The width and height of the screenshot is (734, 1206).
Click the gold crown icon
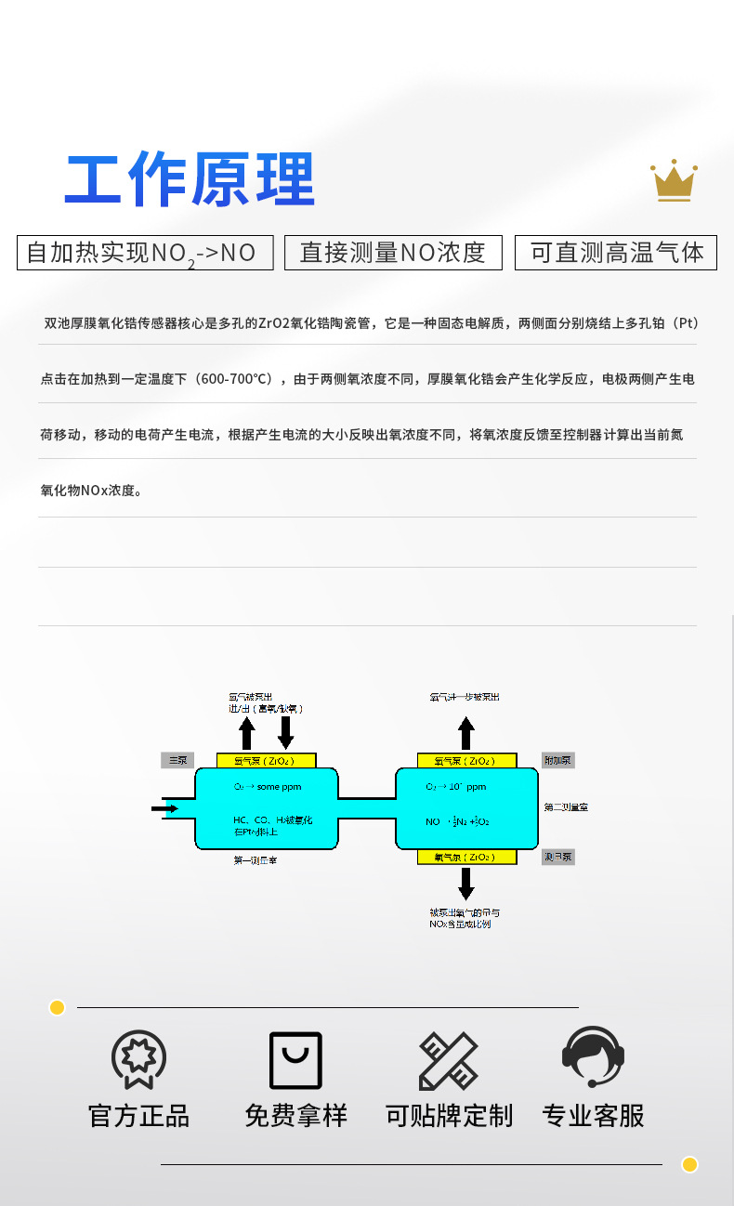[674, 180]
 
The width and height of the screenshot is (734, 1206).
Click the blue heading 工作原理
[190, 179]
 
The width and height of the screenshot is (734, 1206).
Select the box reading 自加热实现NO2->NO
[145, 253]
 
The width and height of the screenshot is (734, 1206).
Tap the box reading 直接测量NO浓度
[393, 253]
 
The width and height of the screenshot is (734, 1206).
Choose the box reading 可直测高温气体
[616, 253]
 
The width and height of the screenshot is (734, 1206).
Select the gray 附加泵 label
[558, 760]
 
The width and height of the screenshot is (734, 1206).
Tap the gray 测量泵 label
[558, 857]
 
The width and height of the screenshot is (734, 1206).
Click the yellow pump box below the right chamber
[466, 857]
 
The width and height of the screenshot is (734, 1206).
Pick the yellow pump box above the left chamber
[266, 760]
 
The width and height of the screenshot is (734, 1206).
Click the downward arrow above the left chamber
[286, 733]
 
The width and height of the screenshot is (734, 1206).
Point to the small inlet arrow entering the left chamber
[164, 808]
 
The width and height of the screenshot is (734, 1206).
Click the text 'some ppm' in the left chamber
[280, 787]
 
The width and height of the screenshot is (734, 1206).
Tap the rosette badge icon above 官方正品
[138, 1059]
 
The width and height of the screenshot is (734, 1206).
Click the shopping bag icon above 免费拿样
[295, 1060]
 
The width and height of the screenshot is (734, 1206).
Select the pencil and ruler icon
[449, 1060]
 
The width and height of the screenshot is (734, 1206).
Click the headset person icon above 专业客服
[593, 1057]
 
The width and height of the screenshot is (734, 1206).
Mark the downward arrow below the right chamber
[466, 883]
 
